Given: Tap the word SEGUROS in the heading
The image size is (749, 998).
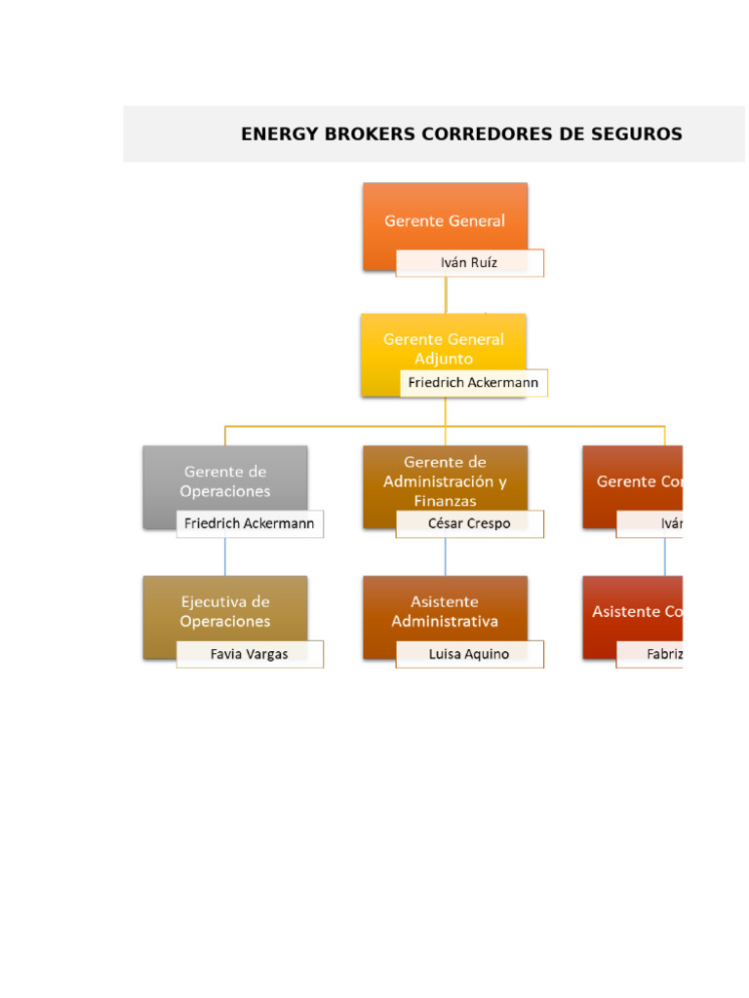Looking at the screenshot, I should point(637,134).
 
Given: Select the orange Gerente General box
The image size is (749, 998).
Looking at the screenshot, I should point(445,219).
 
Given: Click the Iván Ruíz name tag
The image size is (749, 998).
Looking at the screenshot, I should point(469,263).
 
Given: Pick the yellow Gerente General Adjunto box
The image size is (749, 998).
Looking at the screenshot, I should point(444,347).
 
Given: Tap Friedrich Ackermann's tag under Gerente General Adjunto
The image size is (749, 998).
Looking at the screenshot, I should point(473,383).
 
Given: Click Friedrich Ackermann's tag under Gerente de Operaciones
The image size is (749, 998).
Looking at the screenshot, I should point(250,524).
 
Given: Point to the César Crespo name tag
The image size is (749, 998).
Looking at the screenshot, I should point(469,524).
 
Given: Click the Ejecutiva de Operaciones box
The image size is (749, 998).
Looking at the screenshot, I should point(224,610).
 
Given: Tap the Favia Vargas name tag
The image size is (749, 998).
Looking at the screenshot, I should point(250,654).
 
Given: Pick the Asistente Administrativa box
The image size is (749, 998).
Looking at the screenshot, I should point(445,610).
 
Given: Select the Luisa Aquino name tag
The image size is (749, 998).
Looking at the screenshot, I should point(469,654).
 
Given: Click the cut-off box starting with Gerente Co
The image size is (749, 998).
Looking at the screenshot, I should point(633,481).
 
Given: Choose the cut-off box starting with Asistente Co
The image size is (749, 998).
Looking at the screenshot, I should point(633,611).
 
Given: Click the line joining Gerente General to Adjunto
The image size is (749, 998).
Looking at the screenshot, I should point(446,293).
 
